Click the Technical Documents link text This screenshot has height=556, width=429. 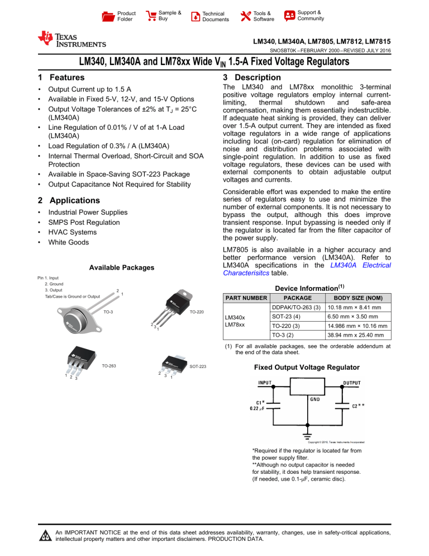215,17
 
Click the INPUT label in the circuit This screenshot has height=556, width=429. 265,383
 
